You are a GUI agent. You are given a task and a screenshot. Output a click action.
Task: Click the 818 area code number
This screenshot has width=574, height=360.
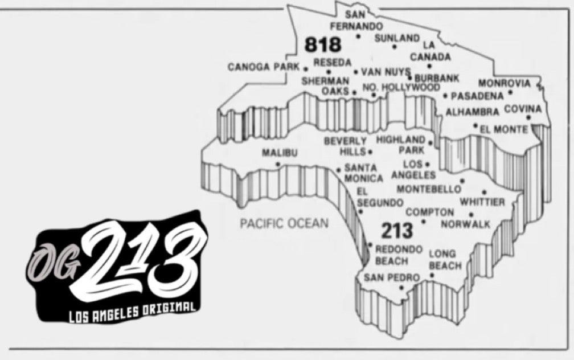tap(322, 44)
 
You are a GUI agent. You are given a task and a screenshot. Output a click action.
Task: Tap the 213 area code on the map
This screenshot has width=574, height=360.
tap(396, 231)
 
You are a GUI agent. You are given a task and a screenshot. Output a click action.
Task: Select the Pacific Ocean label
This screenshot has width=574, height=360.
tap(284, 223)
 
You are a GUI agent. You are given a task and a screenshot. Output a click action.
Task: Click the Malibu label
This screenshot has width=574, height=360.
tap(280, 153)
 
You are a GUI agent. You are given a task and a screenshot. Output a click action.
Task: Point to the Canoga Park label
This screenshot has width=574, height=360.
tap(264, 67)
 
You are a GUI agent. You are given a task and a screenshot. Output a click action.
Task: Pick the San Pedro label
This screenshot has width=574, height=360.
tap(391, 278)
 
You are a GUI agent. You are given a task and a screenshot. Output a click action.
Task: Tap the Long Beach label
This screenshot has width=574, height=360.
tap(445, 260)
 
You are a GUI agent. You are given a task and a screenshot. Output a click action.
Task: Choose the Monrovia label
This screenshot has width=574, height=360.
tap(504, 83)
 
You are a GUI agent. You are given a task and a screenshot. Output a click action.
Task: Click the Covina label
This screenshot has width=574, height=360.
tap(523, 109)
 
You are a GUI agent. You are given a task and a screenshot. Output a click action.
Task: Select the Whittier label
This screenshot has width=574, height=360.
tap(482, 202)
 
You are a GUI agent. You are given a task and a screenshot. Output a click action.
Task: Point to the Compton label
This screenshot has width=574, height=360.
tap(430, 212)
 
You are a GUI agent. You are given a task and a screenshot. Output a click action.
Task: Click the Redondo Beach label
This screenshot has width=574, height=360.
tap(398, 255)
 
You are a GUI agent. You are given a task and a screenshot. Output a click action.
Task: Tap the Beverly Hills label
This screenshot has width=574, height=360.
tap(346, 146)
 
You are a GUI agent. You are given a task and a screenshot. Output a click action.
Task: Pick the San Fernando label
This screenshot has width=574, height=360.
tap(356, 20)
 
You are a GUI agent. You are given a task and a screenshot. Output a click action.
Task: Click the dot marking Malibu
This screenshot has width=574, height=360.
tap(278, 164)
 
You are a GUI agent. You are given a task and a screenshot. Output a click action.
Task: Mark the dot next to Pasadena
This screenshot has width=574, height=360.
tap(445, 96)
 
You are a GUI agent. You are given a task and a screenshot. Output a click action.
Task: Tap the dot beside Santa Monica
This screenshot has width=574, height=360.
tap(338, 170)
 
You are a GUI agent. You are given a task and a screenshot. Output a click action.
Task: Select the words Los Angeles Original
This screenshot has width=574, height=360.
tap(132, 312)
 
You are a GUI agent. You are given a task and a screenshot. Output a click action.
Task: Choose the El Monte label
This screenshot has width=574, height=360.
tap(503, 130)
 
